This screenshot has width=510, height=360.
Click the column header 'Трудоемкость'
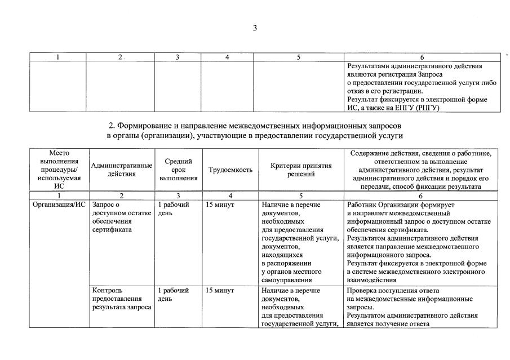click(230, 170)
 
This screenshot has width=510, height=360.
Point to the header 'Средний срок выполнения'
click(178, 170)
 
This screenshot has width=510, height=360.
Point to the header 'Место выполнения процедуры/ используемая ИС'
click(59, 170)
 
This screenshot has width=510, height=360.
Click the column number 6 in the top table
click(422, 57)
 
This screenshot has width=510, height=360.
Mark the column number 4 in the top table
click(227, 57)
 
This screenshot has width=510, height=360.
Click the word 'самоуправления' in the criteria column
click(287, 280)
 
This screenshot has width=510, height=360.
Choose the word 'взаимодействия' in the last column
click(372, 280)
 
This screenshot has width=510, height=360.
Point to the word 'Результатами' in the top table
click(369, 66)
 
